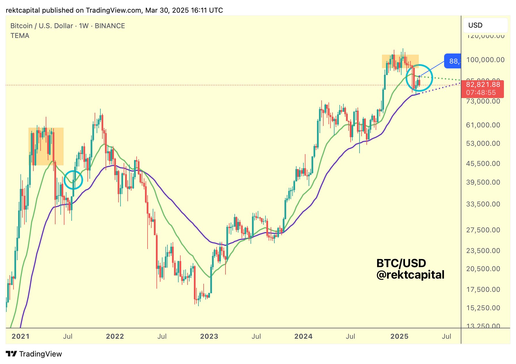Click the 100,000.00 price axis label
pos(485,60)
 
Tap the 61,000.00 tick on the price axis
pos(483,125)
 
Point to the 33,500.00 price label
pos(483,204)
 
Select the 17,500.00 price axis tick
pos(483,290)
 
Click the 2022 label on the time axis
pos(115,336)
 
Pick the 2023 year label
pos(209,336)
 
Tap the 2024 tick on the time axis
pos(303,336)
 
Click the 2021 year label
pos(20,336)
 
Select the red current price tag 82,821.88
pos(483,85)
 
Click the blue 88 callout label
pos(453,61)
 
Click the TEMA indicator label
pos(20,36)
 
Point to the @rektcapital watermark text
pos(410,275)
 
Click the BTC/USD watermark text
pos(401,263)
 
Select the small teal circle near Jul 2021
pos(73,180)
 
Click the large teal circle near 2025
pos(419,78)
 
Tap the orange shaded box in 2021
pos(46,146)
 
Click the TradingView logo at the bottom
pos(34,354)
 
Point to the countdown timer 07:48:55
pos(481,93)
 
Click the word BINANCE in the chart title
pos(110,26)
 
